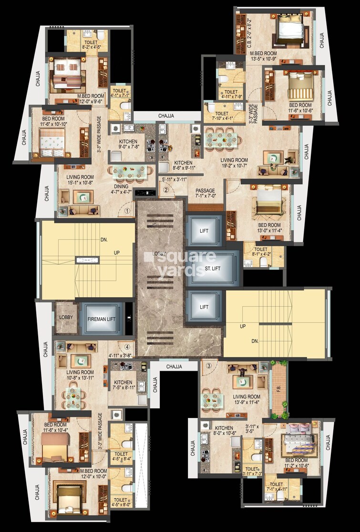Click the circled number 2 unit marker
click(x=166, y=189)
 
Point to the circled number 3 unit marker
click(x=208, y=366)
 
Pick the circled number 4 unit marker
click(x=127, y=347)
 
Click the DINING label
click(x=121, y=187)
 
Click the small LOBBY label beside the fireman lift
click(x=65, y=317)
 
